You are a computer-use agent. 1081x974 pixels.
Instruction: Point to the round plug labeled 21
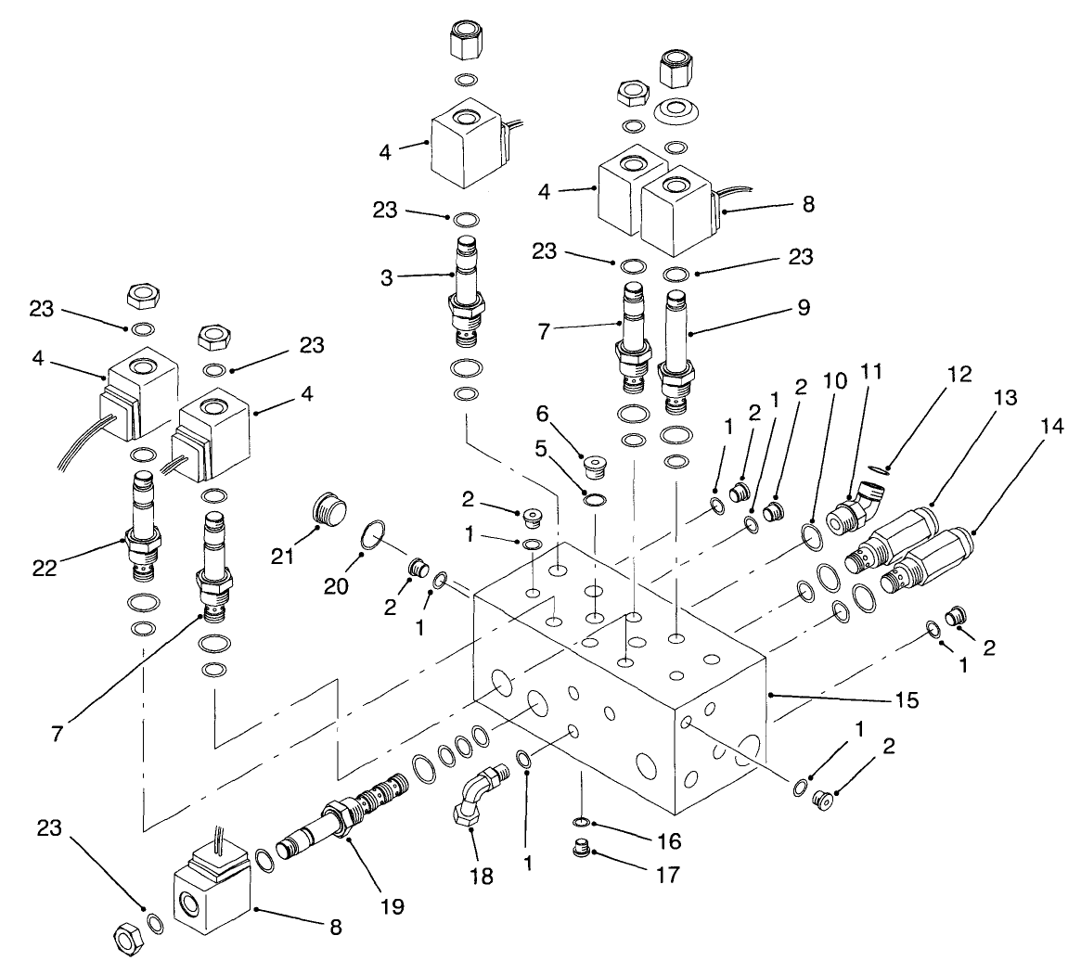(x=327, y=510)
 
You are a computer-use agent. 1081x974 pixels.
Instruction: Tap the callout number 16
(x=668, y=841)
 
